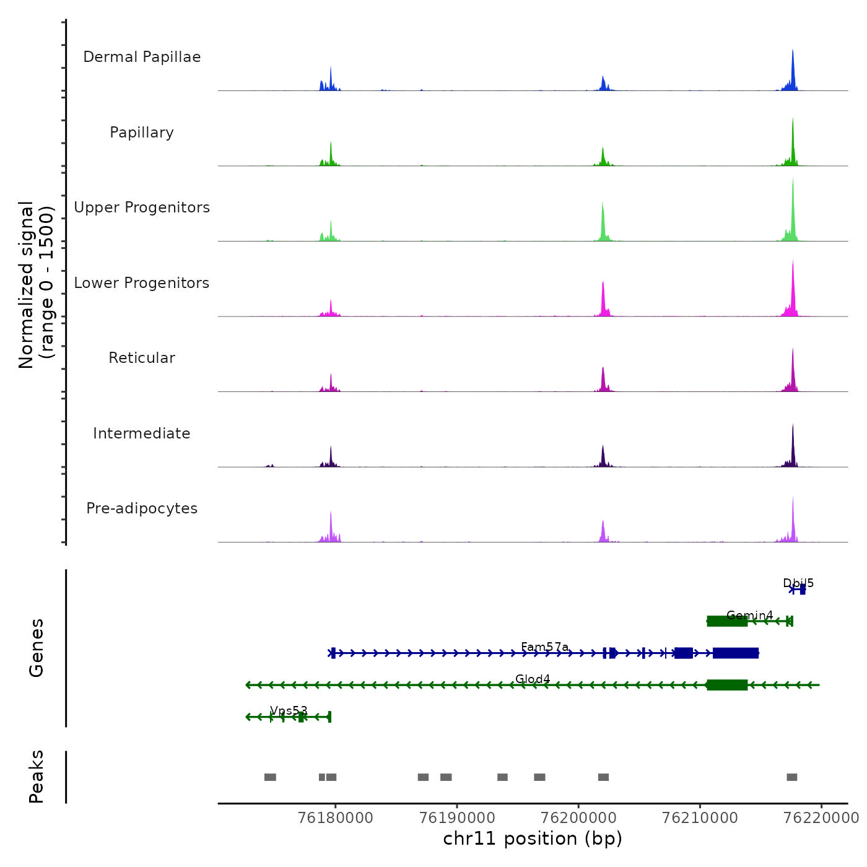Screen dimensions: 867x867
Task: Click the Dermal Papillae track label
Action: click(142, 57)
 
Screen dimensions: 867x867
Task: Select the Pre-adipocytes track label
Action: click(142, 508)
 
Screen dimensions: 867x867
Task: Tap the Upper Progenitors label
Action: click(142, 207)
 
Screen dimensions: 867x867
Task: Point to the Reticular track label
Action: click(142, 358)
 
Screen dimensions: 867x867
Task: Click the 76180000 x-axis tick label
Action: click(336, 817)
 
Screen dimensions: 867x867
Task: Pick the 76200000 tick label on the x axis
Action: click(579, 817)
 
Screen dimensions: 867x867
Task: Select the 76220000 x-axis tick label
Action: click(821, 817)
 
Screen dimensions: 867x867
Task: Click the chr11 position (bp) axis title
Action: click(533, 839)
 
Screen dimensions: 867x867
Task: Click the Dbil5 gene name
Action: click(798, 583)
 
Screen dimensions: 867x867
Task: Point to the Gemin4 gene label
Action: click(749, 616)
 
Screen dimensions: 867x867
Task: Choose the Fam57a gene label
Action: click(544, 647)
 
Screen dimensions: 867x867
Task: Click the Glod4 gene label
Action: click(533, 679)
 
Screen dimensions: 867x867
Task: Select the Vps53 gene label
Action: click(289, 711)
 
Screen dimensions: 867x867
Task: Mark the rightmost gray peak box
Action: click(792, 777)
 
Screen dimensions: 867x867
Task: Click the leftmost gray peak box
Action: click(270, 777)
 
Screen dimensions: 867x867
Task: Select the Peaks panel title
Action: click(37, 777)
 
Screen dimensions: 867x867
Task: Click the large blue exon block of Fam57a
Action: click(736, 653)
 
